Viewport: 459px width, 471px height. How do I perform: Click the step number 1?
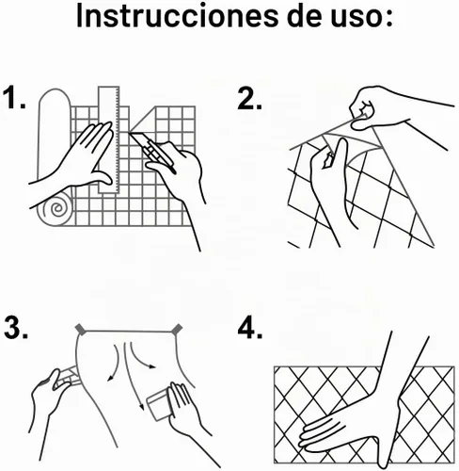coord(14,98)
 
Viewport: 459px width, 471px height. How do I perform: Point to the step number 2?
coord(249,98)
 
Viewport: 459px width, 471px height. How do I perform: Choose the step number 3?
coord(16,327)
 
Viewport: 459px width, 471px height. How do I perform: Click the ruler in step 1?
coord(109,139)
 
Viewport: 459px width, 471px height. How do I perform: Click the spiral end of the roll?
coord(56,209)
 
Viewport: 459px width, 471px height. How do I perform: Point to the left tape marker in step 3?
coord(81,329)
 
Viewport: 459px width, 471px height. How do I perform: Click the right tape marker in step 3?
coord(177,329)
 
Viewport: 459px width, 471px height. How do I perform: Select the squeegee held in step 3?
coord(160,403)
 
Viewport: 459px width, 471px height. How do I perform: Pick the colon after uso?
coord(388,18)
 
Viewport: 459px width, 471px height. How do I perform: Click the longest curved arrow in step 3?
coord(131,377)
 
